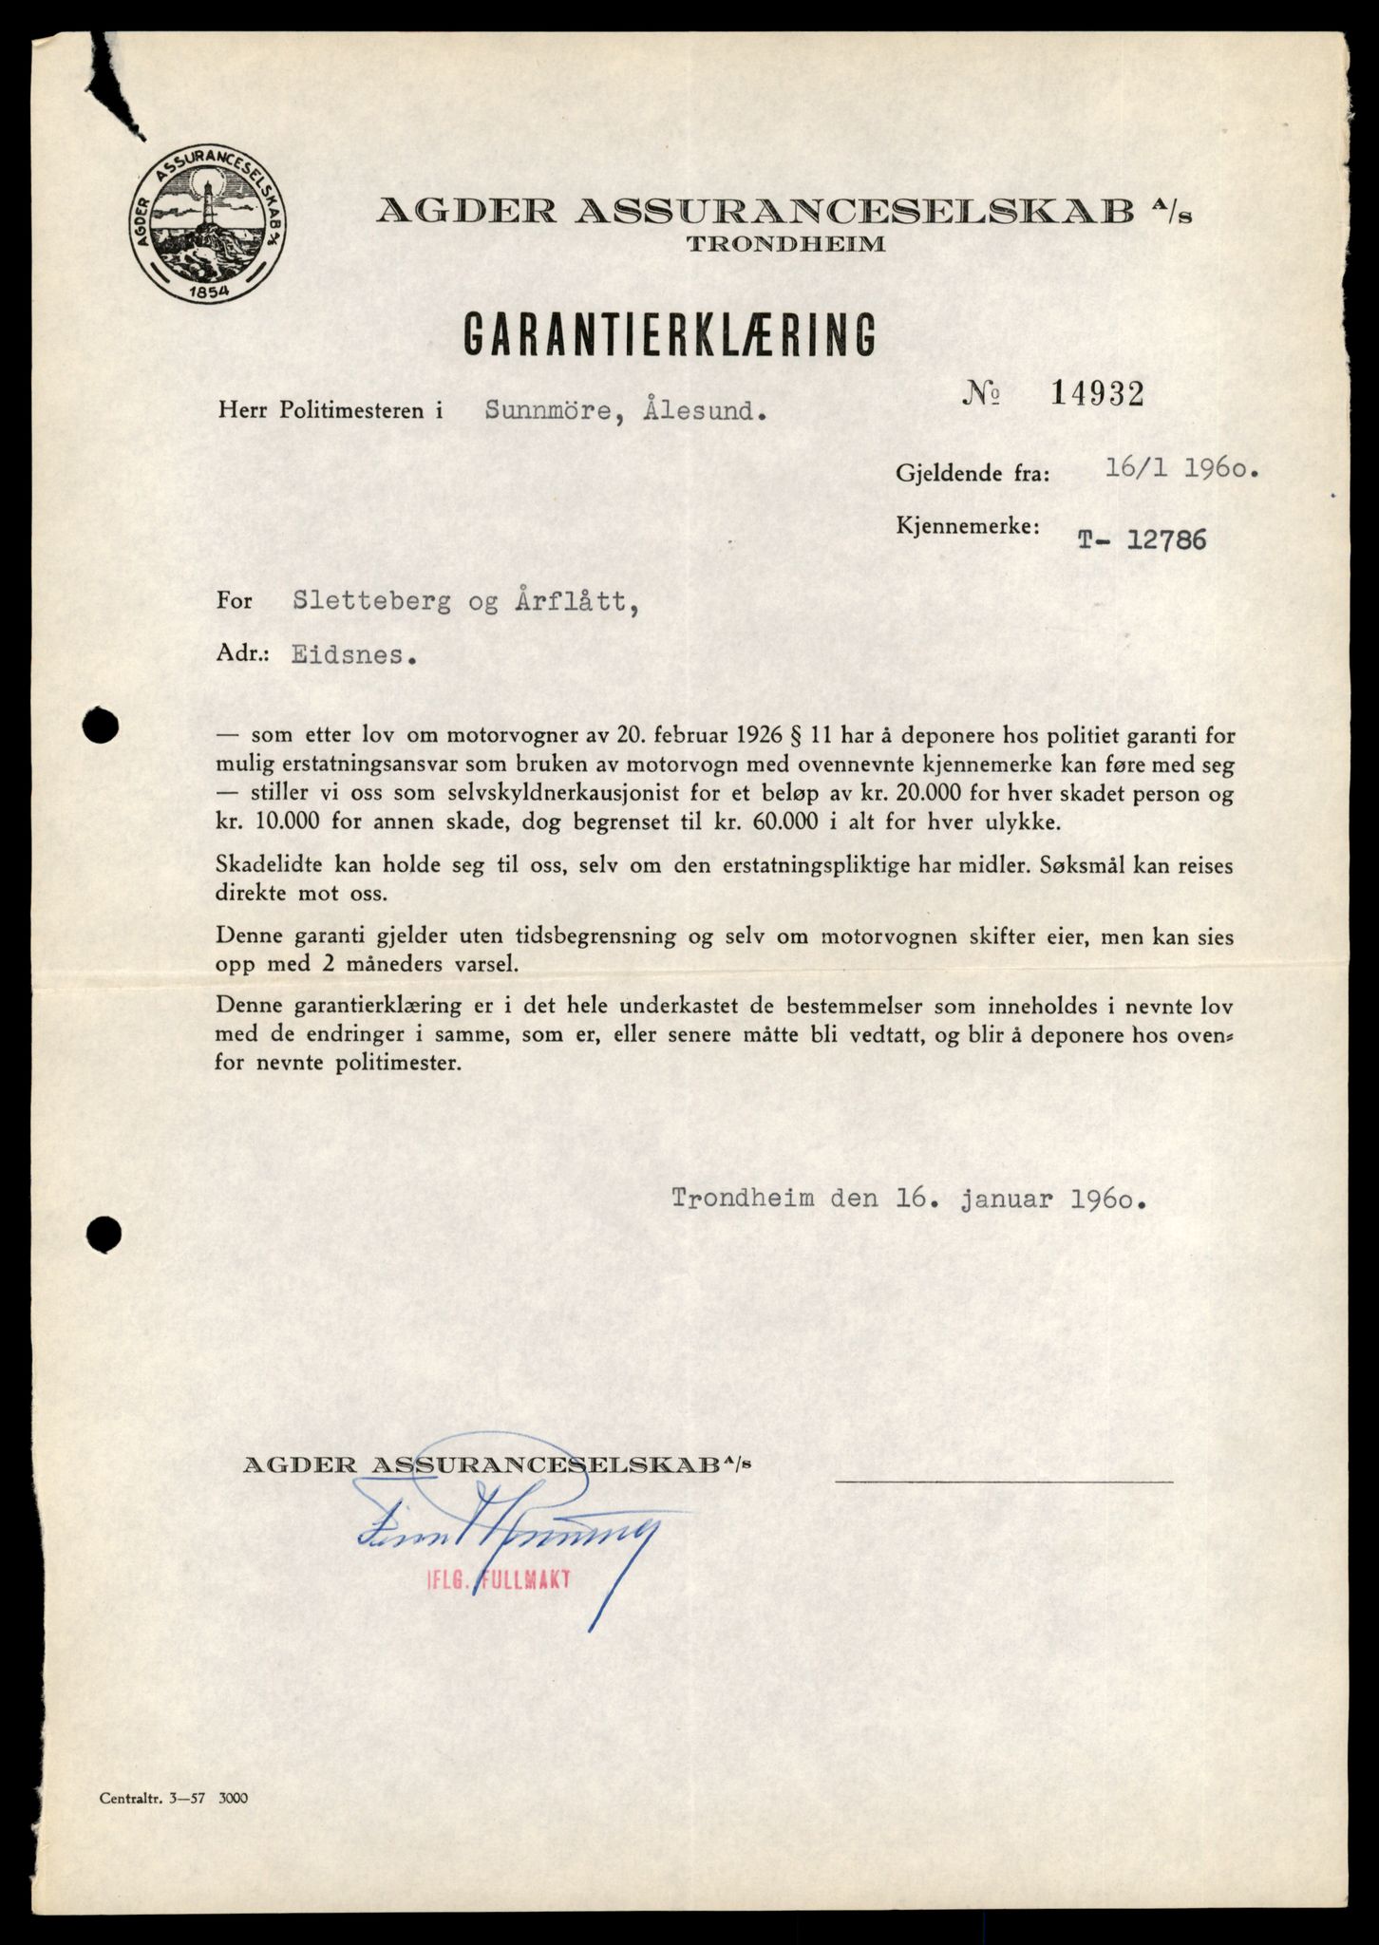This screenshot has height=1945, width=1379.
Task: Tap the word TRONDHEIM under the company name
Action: pyautogui.click(x=785, y=244)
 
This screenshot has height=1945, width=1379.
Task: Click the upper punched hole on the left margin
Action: pyautogui.click(x=101, y=727)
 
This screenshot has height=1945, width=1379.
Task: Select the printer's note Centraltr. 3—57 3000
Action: pyautogui.click(x=173, y=1798)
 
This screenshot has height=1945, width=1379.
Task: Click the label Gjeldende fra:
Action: pyautogui.click(x=973, y=473)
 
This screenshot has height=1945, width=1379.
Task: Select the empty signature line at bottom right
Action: pyautogui.click(x=1003, y=1481)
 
